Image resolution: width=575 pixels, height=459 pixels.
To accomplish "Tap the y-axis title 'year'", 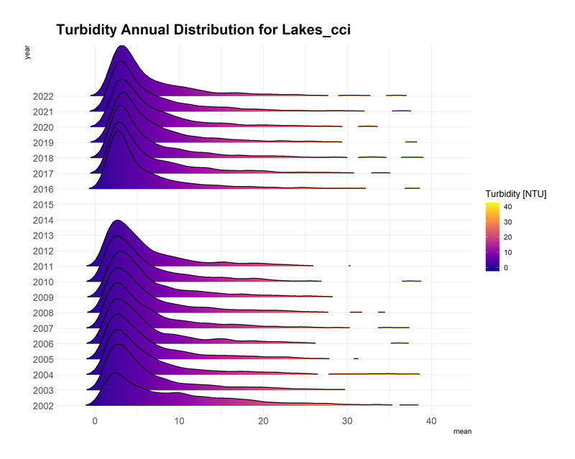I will [27, 53].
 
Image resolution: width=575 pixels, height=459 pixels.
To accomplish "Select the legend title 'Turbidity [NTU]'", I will [516, 194].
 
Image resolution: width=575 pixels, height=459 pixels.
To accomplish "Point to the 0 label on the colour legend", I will [507, 267].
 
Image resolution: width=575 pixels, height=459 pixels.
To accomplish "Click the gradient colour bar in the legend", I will [492, 237].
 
